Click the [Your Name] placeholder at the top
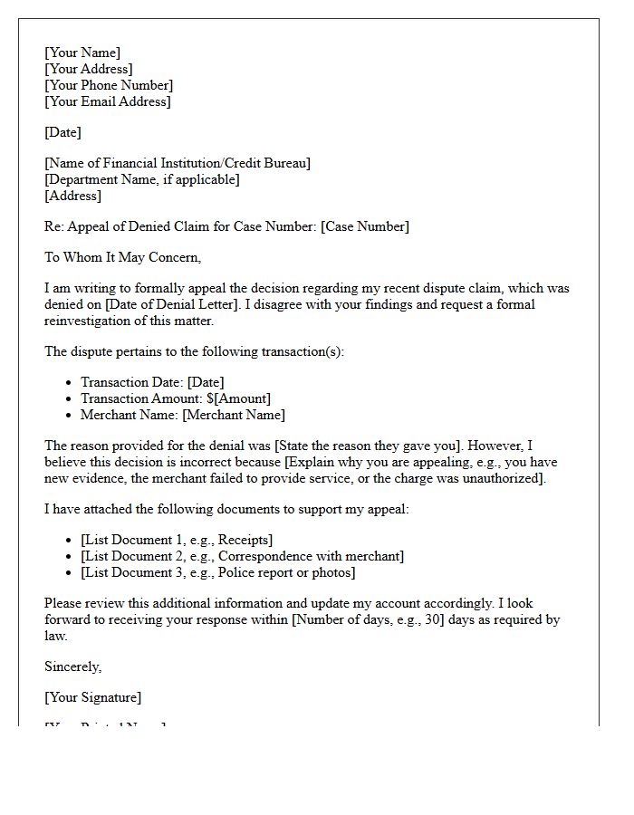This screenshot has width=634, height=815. pos(82,53)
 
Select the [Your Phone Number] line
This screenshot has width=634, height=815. pos(109,86)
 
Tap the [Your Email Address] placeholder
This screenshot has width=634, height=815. pos(107,102)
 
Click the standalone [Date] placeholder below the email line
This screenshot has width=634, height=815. pos(62,133)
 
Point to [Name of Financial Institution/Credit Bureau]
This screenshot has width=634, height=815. pos(178,164)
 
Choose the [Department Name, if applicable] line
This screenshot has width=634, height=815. pos(142,180)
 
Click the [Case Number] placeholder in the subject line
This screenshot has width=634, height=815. pos(364,227)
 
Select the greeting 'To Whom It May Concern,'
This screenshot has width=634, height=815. pos(122,258)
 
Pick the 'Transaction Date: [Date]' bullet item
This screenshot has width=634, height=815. pos(152,383)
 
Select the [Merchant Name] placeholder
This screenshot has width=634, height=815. pos(234,416)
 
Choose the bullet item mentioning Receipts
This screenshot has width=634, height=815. pos(177,541)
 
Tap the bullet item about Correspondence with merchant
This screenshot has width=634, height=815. pos(242,557)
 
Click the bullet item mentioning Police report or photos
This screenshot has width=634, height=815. pos(217,573)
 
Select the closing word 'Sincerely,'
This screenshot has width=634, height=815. pos(73,667)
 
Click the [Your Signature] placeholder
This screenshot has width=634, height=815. pos(92,698)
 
